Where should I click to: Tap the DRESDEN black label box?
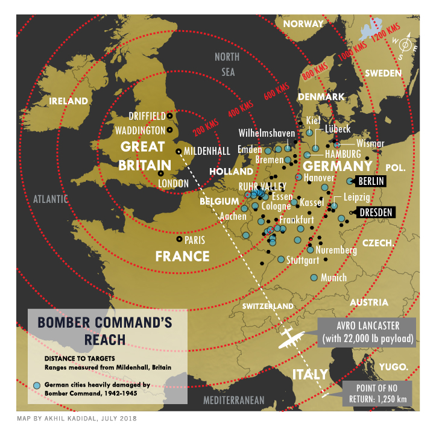[x=376, y=212]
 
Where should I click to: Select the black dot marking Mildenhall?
[x=178, y=151]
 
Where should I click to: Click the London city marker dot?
[x=160, y=173]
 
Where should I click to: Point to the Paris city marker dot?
[x=178, y=239]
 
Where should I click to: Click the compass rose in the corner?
[x=406, y=45]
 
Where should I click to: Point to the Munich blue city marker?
[x=314, y=278]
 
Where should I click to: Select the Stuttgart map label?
[x=303, y=261]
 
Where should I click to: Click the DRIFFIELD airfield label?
[x=147, y=116]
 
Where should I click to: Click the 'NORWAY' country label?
[x=303, y=24]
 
